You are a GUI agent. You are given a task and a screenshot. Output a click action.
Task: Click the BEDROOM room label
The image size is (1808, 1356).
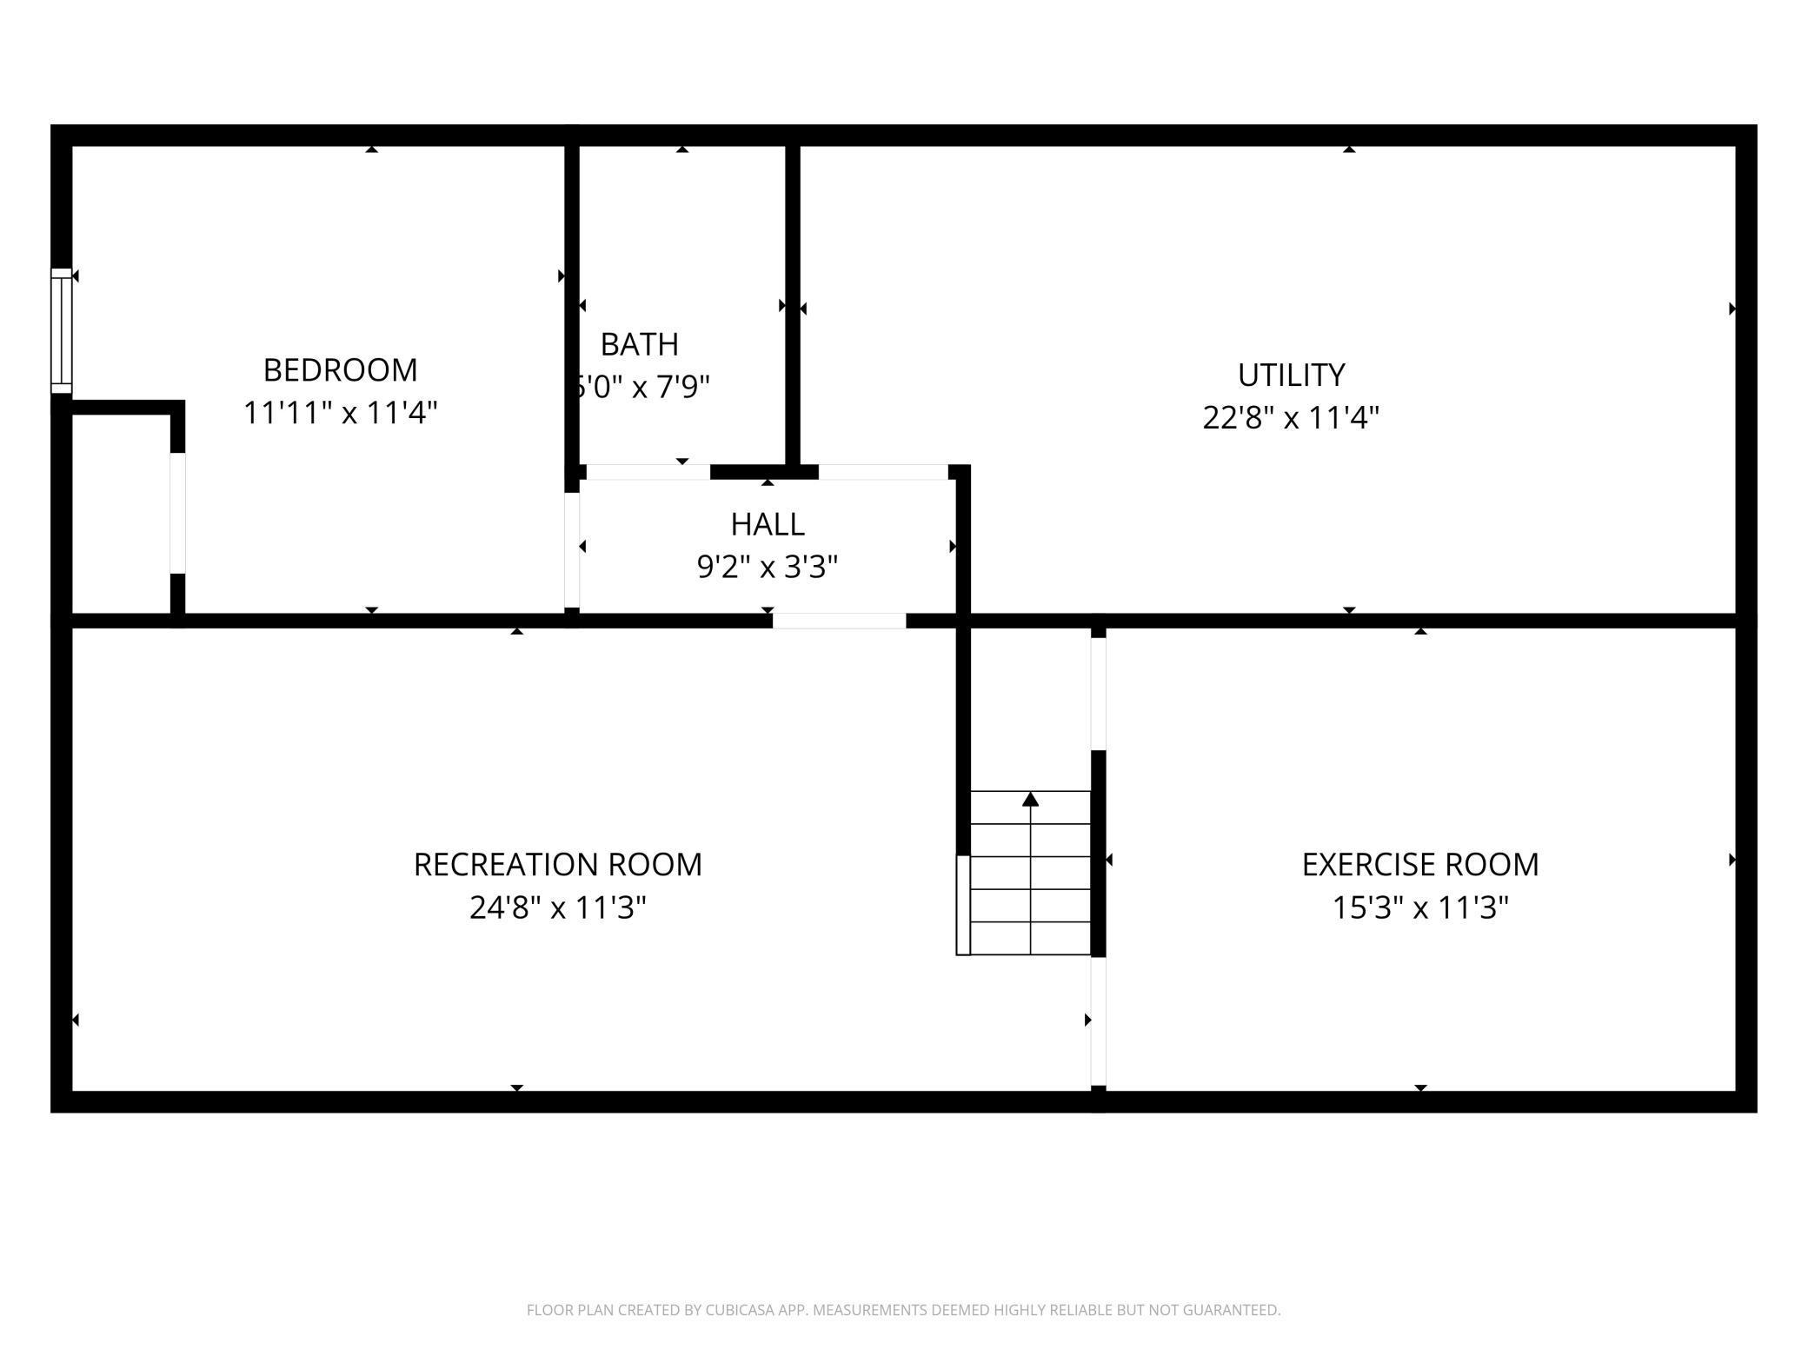click(340, 370)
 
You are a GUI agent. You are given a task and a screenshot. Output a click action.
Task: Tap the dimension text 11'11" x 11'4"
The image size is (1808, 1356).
click(340, 413)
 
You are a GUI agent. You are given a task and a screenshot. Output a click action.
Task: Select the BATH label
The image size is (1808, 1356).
click(640, 345)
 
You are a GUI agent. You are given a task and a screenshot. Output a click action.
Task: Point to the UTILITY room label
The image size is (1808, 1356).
click(1291, 376)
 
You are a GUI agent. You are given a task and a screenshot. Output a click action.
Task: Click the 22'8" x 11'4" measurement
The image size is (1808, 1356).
click(1291, 418)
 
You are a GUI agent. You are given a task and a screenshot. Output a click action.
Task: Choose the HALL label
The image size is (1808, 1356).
click(768, 524)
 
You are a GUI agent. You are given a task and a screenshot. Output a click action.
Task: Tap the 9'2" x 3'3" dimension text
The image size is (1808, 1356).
click(768, 567)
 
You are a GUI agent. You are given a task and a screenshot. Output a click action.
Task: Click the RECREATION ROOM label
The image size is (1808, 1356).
click(557, 865)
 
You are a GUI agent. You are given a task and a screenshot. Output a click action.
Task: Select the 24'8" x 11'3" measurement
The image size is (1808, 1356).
click(557, 908)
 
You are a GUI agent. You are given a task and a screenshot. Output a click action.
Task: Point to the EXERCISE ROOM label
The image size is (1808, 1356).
click(1419, 865)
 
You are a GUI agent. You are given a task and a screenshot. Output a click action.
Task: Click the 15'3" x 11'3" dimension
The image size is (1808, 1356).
click(1419, 908)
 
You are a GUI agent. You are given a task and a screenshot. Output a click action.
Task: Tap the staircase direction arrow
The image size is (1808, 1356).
click(1030, 800)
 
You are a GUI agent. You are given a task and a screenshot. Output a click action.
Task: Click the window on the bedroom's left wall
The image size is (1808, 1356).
click(61, 330)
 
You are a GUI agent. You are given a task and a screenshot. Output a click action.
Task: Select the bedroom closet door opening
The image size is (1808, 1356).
click(177, 513)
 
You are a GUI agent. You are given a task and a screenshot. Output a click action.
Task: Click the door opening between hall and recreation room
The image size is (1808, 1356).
click(839, 621)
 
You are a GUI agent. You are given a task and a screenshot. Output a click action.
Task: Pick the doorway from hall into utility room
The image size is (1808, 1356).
click(883, 472)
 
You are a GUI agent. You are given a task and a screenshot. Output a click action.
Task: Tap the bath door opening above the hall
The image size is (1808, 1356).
click(648, 472)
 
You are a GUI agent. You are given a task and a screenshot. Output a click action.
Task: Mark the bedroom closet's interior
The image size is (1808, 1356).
click(120, 513)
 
